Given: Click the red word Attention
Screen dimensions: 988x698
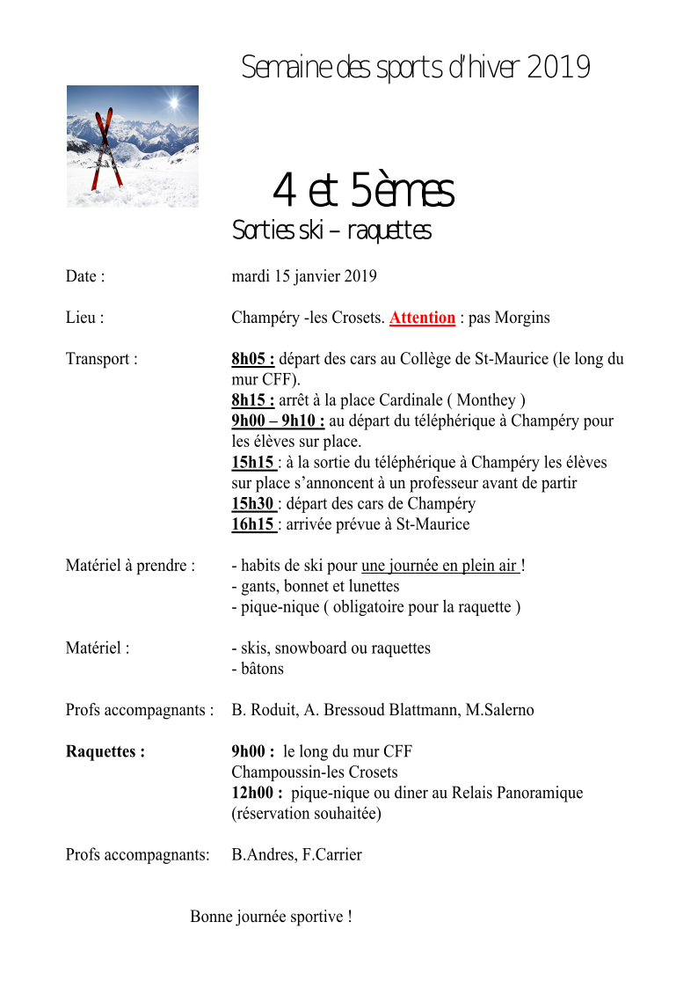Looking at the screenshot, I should [x=422, y=318].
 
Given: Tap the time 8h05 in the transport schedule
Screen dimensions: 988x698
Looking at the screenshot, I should [x=252, y=359].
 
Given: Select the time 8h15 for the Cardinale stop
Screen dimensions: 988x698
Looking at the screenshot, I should [x=252, y=400].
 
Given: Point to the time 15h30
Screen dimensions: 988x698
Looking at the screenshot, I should [x=252, y=504].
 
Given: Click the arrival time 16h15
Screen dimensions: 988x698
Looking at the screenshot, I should [x=252, y=524].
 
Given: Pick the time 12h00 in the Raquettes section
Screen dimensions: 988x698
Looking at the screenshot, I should [x=256, y=793].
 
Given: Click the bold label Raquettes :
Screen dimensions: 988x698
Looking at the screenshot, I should [x=105, y=751].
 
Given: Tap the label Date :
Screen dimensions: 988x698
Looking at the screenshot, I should [x=85, y=276].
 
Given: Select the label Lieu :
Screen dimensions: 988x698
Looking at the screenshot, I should [x=84, y=318].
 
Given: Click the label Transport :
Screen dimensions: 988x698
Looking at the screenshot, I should [x=101, y=359].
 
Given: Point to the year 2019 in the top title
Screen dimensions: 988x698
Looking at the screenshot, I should [x=558, y=68].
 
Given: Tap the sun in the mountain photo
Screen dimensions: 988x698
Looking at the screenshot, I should [x=172, y=104].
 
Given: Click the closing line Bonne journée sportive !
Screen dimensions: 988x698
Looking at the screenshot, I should [x=271, y=917].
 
